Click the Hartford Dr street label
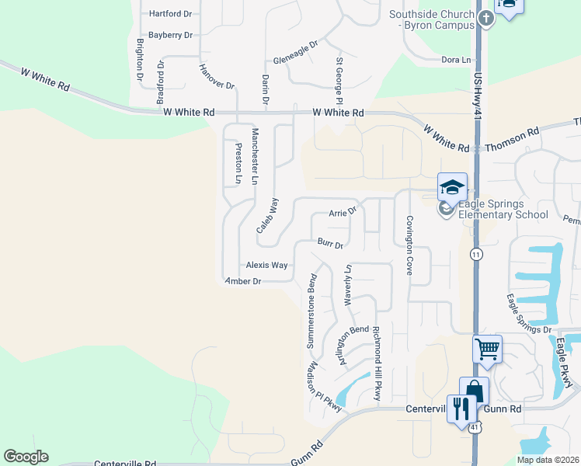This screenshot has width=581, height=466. pyautogui.click(x=169, y=14)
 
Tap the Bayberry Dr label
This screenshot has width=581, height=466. pyautogui.click(x=169, y=35)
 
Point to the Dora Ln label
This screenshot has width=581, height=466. pyautogui.click(x=456, y=60)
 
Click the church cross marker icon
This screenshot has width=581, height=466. pyautogui.click(x=487, y=19)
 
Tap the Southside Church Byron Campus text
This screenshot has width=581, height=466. pyautogui.click(x=431, y=19)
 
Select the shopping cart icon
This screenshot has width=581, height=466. pyautogui.click(x=487, y=349)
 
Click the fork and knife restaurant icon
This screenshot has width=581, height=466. pyautogui.click(x=461, y=408)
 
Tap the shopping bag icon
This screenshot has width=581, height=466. pyautogui.click(x=474, y=390)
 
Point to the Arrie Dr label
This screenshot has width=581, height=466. pyautogui.click(x=342, y=211)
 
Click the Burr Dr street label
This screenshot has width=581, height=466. pyautogui.click(x=330, y=243)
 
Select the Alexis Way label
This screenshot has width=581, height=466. pyautogui.click(x=266, y=265)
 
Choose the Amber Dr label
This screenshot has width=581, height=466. pyautogui.click(x=242, y=281)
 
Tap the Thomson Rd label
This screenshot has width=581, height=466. pyautogui.click(x=511, y=140)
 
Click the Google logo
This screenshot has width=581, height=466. pyautogui.click(x=26, y=457)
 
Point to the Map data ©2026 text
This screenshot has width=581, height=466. pyautogui.click(x=547, y=460)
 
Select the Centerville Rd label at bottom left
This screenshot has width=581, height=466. pyautogui.click(x=124, y=464)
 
